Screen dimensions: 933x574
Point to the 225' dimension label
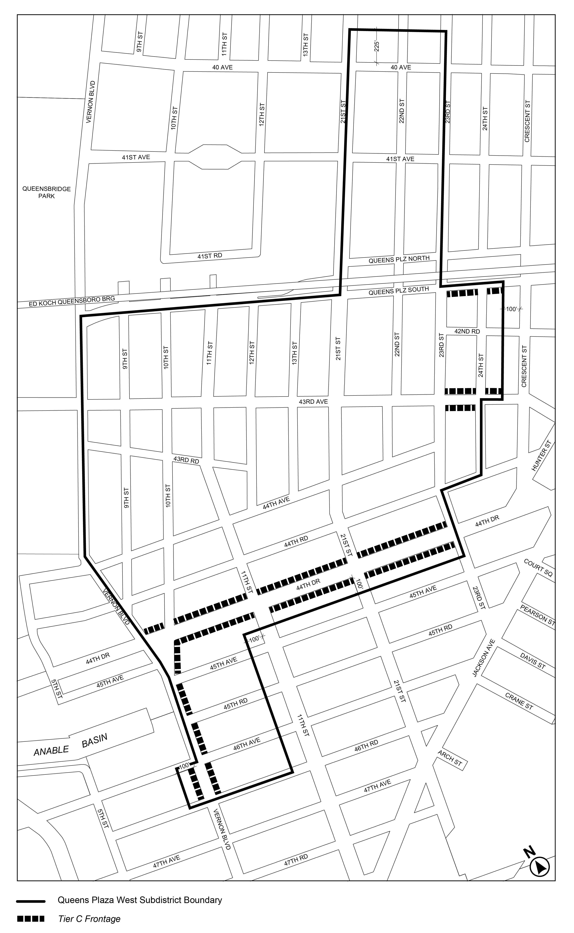[377, 46]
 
